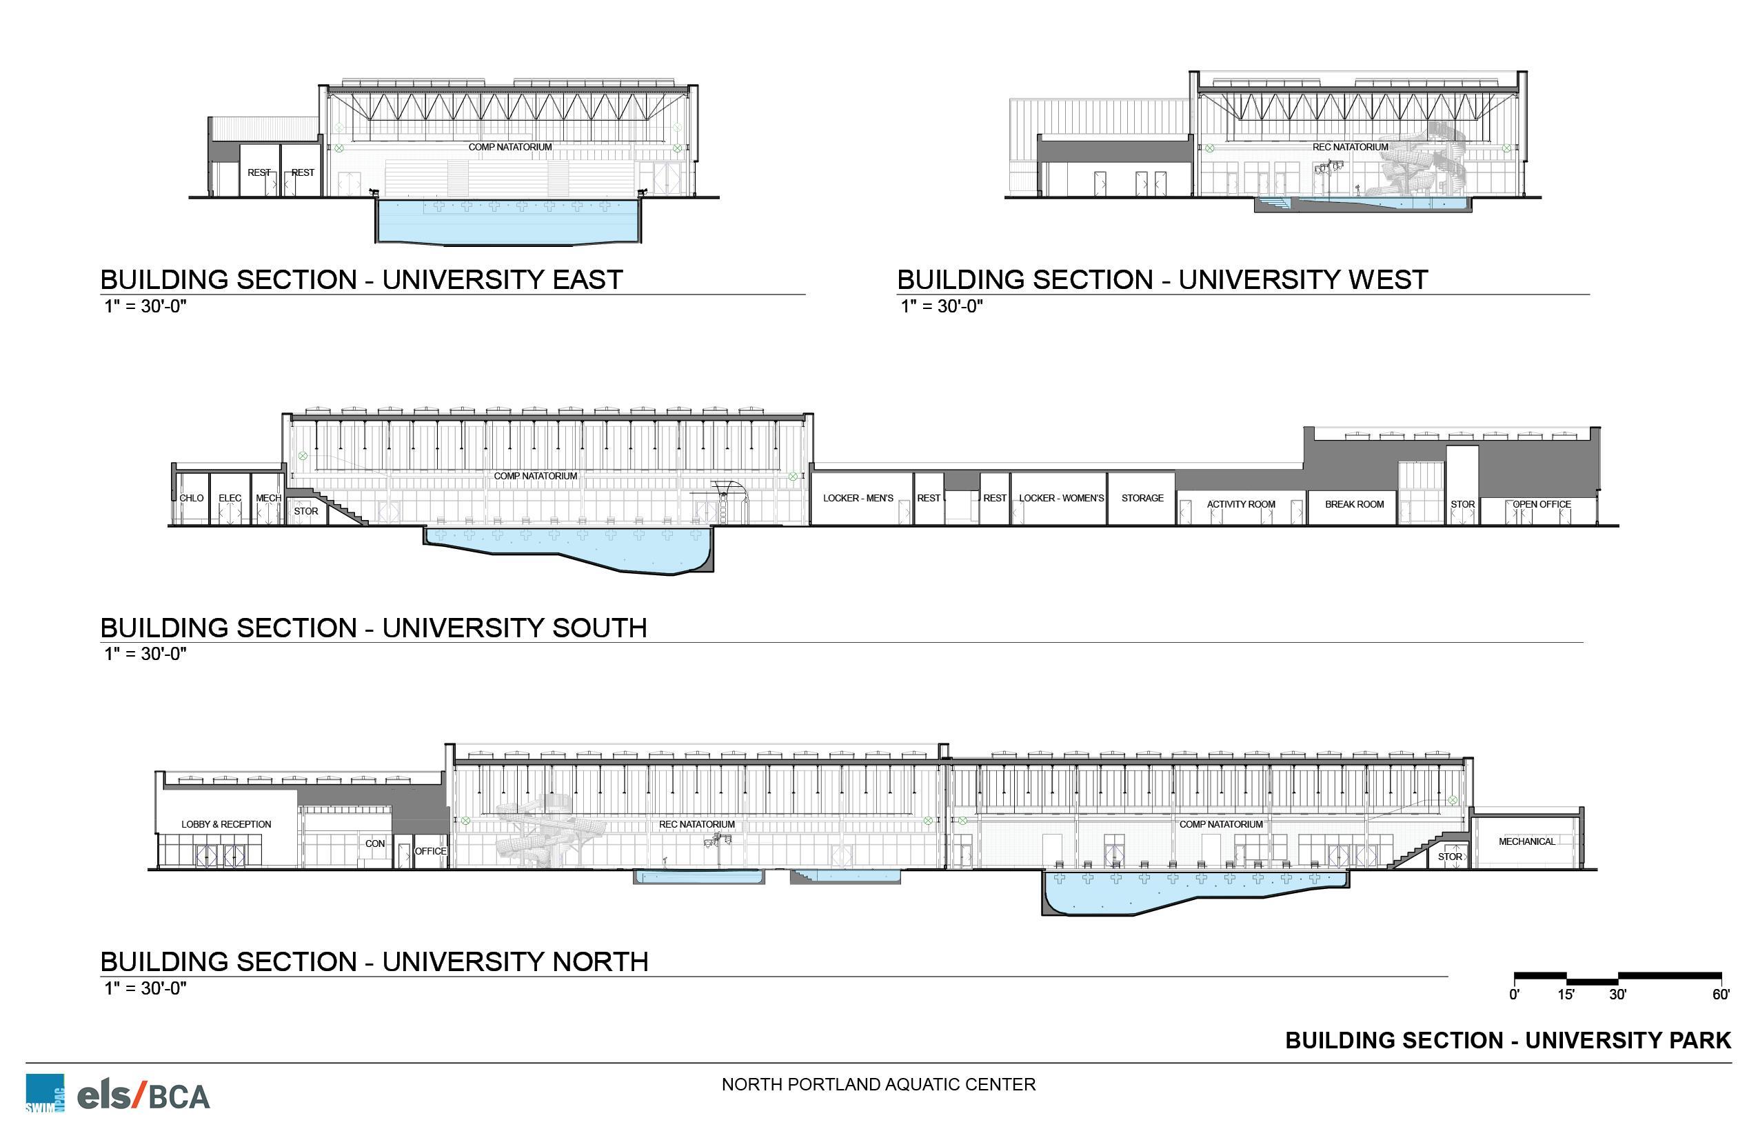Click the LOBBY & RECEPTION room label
coord(226,824)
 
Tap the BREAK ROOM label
coord(1354,504)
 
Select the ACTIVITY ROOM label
coord(1241,504)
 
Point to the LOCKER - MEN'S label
coord(858,498)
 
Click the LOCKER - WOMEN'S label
coord(1062,498)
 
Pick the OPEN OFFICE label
coord(1542,504)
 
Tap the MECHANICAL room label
coord(1527,841)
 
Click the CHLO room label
coord(192,498)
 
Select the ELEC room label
coord(230,498)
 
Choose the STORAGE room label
coord(1142,498)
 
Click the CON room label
coord(374,843)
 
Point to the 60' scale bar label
coord(1720,995)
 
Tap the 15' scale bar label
coord(1566,995)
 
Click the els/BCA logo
coord(143,1095)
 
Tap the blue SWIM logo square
coord(44,1093)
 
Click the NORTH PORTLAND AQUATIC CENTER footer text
coord(878,1084)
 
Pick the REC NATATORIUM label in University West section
coord(1351,147)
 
